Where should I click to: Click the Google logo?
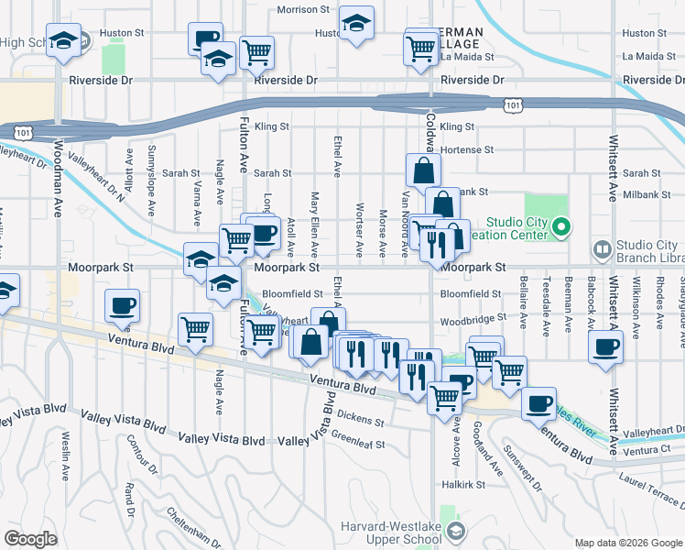click(31, 539)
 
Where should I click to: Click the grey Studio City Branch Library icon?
click(602, 248)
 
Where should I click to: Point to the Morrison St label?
click(303, 9)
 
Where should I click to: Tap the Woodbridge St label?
click(473, 320)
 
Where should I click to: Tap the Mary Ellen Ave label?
click(314, 224)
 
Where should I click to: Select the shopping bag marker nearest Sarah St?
click(423, 170)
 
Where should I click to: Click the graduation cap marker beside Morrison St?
click(356, 23)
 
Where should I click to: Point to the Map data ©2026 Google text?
click(628, 543)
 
